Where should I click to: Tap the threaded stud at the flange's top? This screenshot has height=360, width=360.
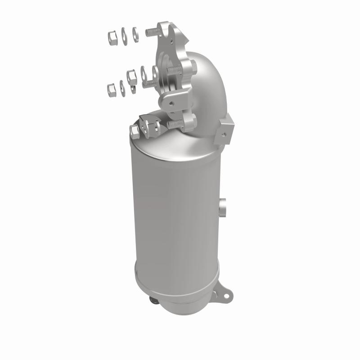152,31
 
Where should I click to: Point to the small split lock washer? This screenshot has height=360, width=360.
133,85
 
